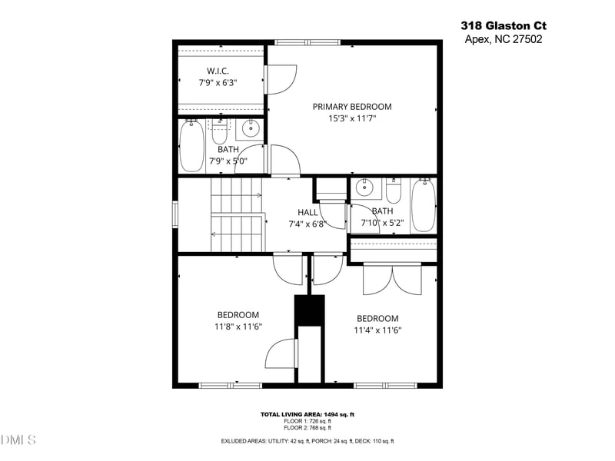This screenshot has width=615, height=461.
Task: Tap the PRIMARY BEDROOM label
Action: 351,107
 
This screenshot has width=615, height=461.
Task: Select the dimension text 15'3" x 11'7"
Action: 351,119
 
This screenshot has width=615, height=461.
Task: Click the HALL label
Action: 307,213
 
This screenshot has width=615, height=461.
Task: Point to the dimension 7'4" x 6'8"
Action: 307,225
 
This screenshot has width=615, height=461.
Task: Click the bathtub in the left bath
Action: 191,146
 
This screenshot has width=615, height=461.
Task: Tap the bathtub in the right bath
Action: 423,205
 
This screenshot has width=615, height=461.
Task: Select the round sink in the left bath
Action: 250,128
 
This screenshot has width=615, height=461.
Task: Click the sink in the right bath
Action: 365,187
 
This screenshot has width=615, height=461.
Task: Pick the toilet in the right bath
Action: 394,191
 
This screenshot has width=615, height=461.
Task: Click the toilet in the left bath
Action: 221,132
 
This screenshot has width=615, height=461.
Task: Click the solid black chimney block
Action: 310,310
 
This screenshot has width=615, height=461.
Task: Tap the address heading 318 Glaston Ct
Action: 504,25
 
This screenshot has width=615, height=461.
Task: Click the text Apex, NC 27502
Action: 504,39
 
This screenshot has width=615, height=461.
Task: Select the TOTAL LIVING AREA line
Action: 307,414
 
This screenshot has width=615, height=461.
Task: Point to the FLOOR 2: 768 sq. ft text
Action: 307,428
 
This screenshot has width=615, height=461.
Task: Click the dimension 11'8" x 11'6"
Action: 238,327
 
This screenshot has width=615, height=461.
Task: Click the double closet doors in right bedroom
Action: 392,279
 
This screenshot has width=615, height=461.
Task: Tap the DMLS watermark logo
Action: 18,440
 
